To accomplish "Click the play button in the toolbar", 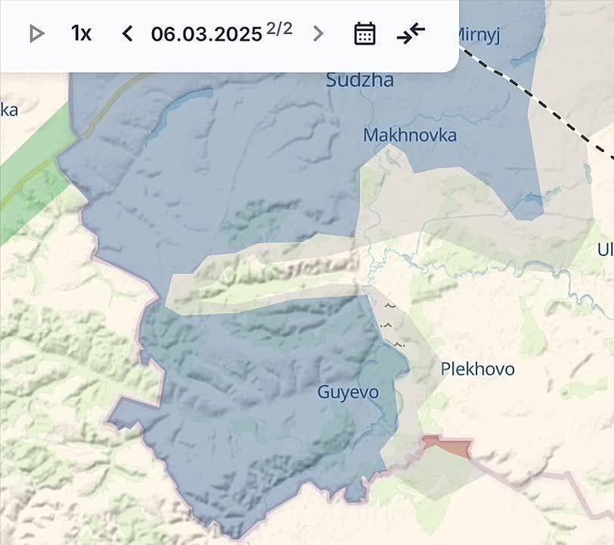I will [36, 33].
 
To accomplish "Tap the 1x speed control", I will [81, 33].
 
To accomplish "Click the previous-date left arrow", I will [127, 33].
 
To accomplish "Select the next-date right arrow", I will [318, 33].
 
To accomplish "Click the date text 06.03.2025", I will [206, 34].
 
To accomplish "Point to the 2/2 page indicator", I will [279, 30].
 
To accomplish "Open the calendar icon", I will [364, 33].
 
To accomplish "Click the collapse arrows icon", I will [411, 33].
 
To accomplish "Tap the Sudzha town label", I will [360, 79].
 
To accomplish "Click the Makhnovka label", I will [410, 135].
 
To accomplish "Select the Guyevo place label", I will [348, 392].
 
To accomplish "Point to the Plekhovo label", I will [477, 369].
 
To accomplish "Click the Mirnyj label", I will [479, 35].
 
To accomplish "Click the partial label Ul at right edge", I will [606, 249].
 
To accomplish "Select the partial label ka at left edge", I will [8, 110].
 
